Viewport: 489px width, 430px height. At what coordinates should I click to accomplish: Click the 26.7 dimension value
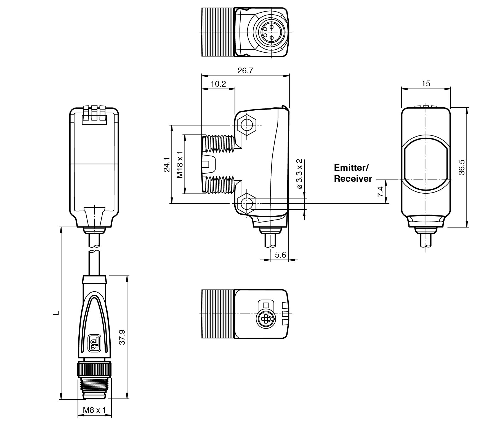pyautogui.click(x=245, y=71)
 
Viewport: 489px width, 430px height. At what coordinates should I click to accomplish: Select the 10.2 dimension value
pyautogui.click(x=218, y=84)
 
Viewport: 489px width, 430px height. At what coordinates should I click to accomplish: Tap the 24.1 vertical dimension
pyautogui.click(x=166, y=165)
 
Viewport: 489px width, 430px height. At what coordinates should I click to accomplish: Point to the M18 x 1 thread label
pyautogui.click(x=180, y=164)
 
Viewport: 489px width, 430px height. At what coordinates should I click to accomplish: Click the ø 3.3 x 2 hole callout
pyautogui.click(x=299, y=174)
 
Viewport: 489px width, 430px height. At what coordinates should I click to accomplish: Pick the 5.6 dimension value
pyautogui.click(x=280, y=255)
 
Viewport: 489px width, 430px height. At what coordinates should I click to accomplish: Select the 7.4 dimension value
pyautogui.click(x=380, y=191)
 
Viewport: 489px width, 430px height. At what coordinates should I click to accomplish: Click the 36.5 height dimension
pyautogui.click(x=461, y=167)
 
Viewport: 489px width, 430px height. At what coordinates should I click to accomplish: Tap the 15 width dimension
pyautogui.click(x=426, y=84)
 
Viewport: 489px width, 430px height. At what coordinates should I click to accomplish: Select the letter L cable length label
pyautogui.click(x=56, y=313)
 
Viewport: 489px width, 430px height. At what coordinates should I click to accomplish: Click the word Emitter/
pyautogui.click(x=351, y=168)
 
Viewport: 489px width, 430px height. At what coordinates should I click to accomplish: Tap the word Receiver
pyautogui.click(x=353, y=179)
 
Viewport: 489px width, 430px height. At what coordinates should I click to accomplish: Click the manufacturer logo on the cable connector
pyautogui.click(x=94, y=343)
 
